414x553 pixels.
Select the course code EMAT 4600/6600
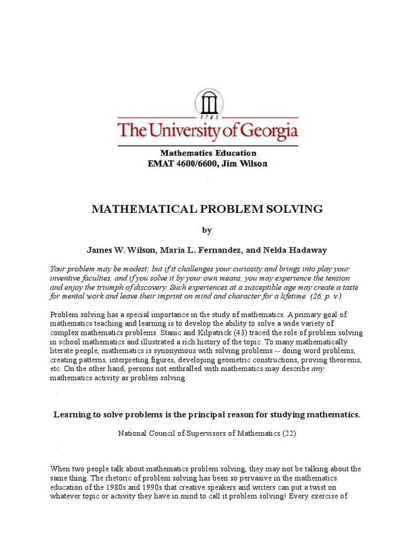(x=178, y=163)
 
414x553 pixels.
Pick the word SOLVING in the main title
(x=295, y=209)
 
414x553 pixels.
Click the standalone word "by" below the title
(x=207, y=230)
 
